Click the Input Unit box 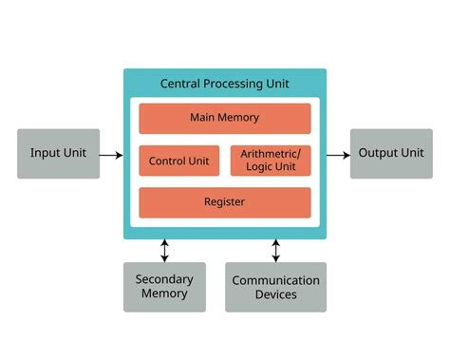click(58, 154)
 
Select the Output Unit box click(391, 154)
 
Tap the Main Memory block click(225, 119)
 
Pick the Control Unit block click(179, 161)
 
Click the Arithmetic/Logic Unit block click(271, 161)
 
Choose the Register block click(225, 202)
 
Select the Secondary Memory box click(164, 287)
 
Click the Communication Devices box click(275, 287)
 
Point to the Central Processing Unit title click(225, 84)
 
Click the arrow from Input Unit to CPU click(111, 154)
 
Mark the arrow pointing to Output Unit click(337, 154)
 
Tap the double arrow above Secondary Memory click(165, 251)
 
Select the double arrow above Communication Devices click(276, 251)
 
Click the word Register click(225, 202)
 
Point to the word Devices click(276, 294)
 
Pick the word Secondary click(164, 279)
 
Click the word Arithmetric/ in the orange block click(271, 154)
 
